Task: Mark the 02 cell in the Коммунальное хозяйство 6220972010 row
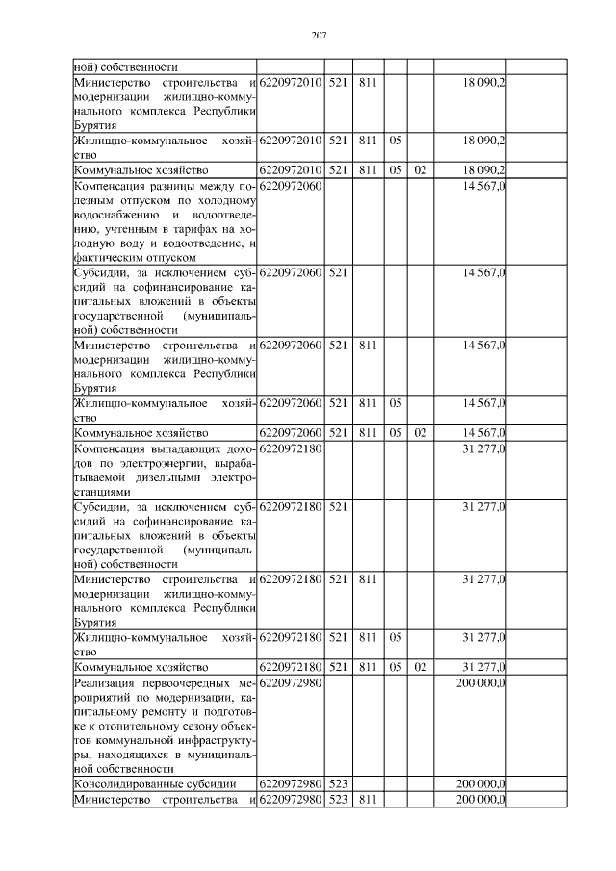tap(420, 170)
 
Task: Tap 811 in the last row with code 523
tap(366, 800)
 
